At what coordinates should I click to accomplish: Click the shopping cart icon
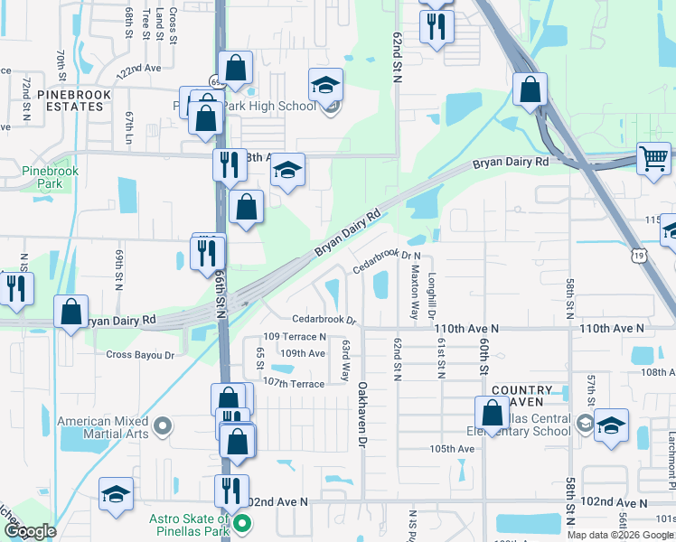(653, 159)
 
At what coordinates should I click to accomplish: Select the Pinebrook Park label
(51, 176)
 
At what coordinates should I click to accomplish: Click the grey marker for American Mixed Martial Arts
(163, 424)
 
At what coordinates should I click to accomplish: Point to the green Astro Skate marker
(242, 523)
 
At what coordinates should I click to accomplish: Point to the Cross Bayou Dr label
(140, 355)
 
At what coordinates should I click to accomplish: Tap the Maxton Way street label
(415, 293)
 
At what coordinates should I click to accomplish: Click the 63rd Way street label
(345, 360)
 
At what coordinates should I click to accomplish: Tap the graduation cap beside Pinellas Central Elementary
(612, 426)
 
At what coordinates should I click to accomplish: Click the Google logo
(30, 531)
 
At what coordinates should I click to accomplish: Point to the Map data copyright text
(619, 535)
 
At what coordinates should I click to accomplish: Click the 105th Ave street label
(453, 449)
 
